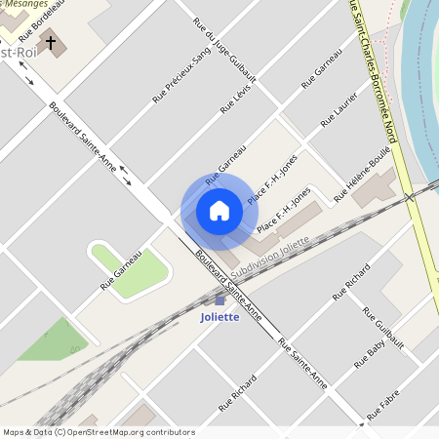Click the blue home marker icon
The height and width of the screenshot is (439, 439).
coord(219,210)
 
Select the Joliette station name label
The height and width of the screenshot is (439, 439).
coord(219,318)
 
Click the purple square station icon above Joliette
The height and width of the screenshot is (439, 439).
coord(219,300)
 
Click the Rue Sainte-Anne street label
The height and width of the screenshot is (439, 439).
coord(302,365)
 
